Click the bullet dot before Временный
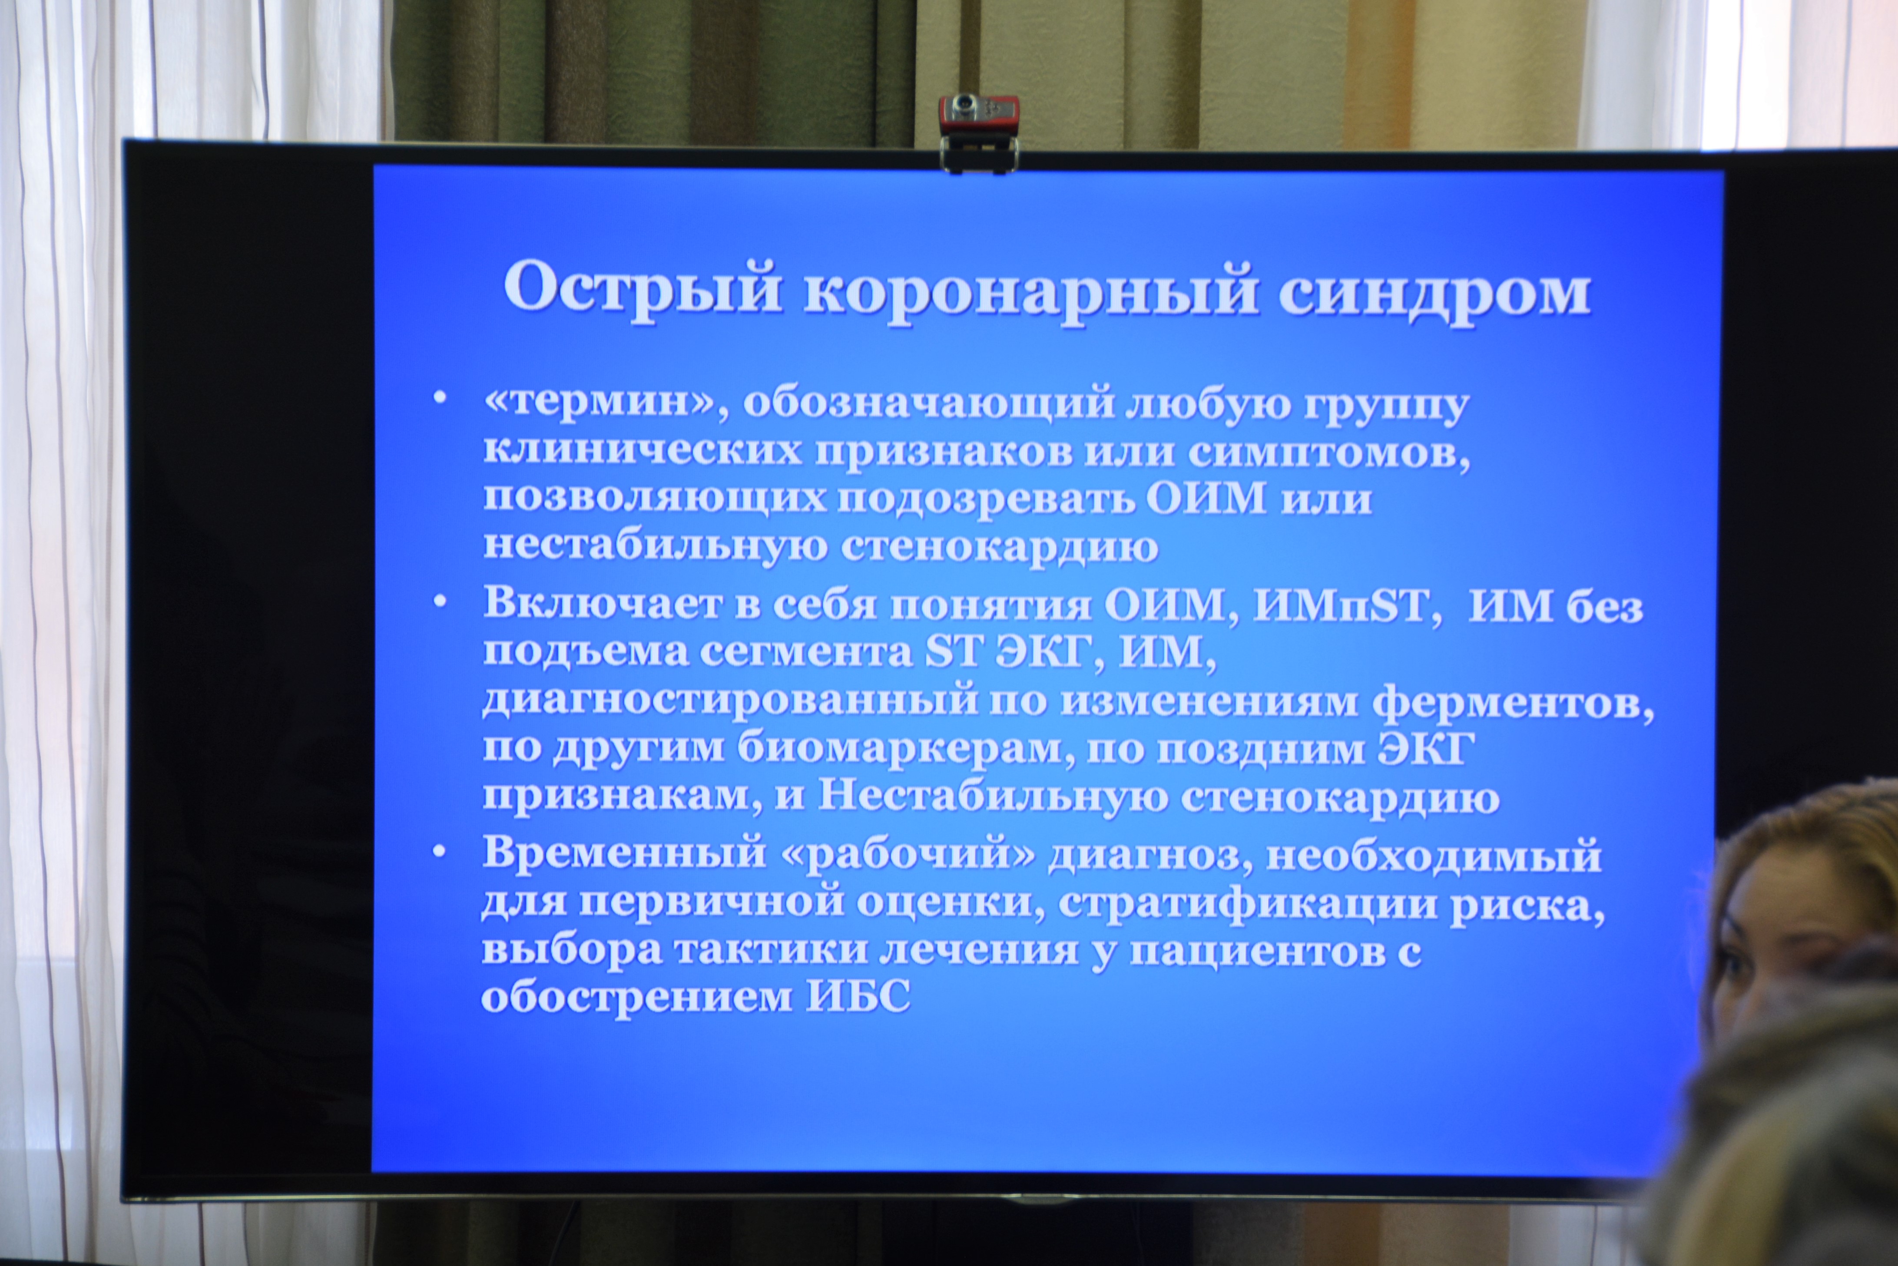[439, 852]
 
